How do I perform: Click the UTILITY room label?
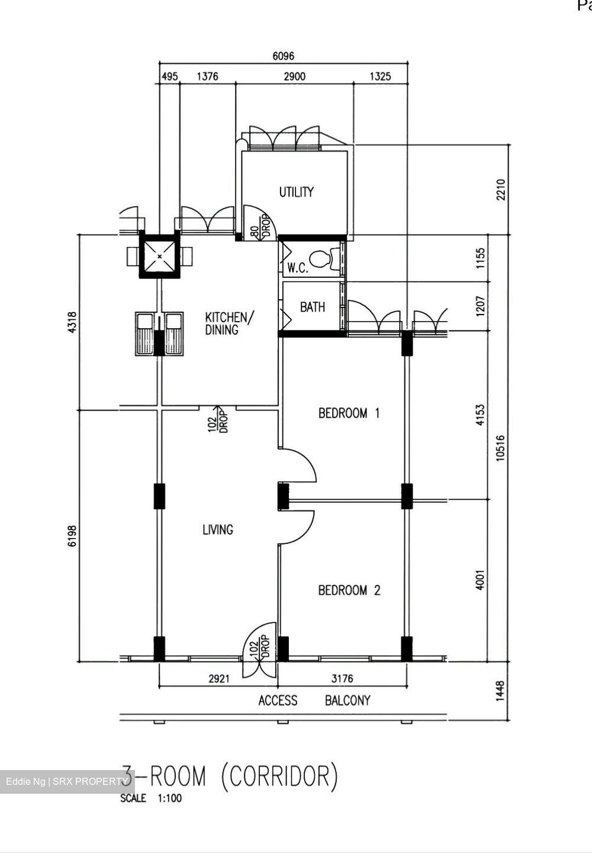point(296,192)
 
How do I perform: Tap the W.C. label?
point(298,268)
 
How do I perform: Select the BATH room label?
point(312,307)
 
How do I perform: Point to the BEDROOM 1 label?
point(349,413)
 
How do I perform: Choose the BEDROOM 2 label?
point(349,590)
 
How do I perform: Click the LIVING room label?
point(218,530)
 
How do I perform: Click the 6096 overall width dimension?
point(283,56)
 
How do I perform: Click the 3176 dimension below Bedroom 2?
point(343,679)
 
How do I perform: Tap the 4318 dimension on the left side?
point(73,323)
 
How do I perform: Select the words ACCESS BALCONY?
point(314,701)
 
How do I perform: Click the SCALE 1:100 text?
point(151,799)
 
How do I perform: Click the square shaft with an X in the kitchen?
point(159,256)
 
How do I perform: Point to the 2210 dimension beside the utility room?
point(501,190)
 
